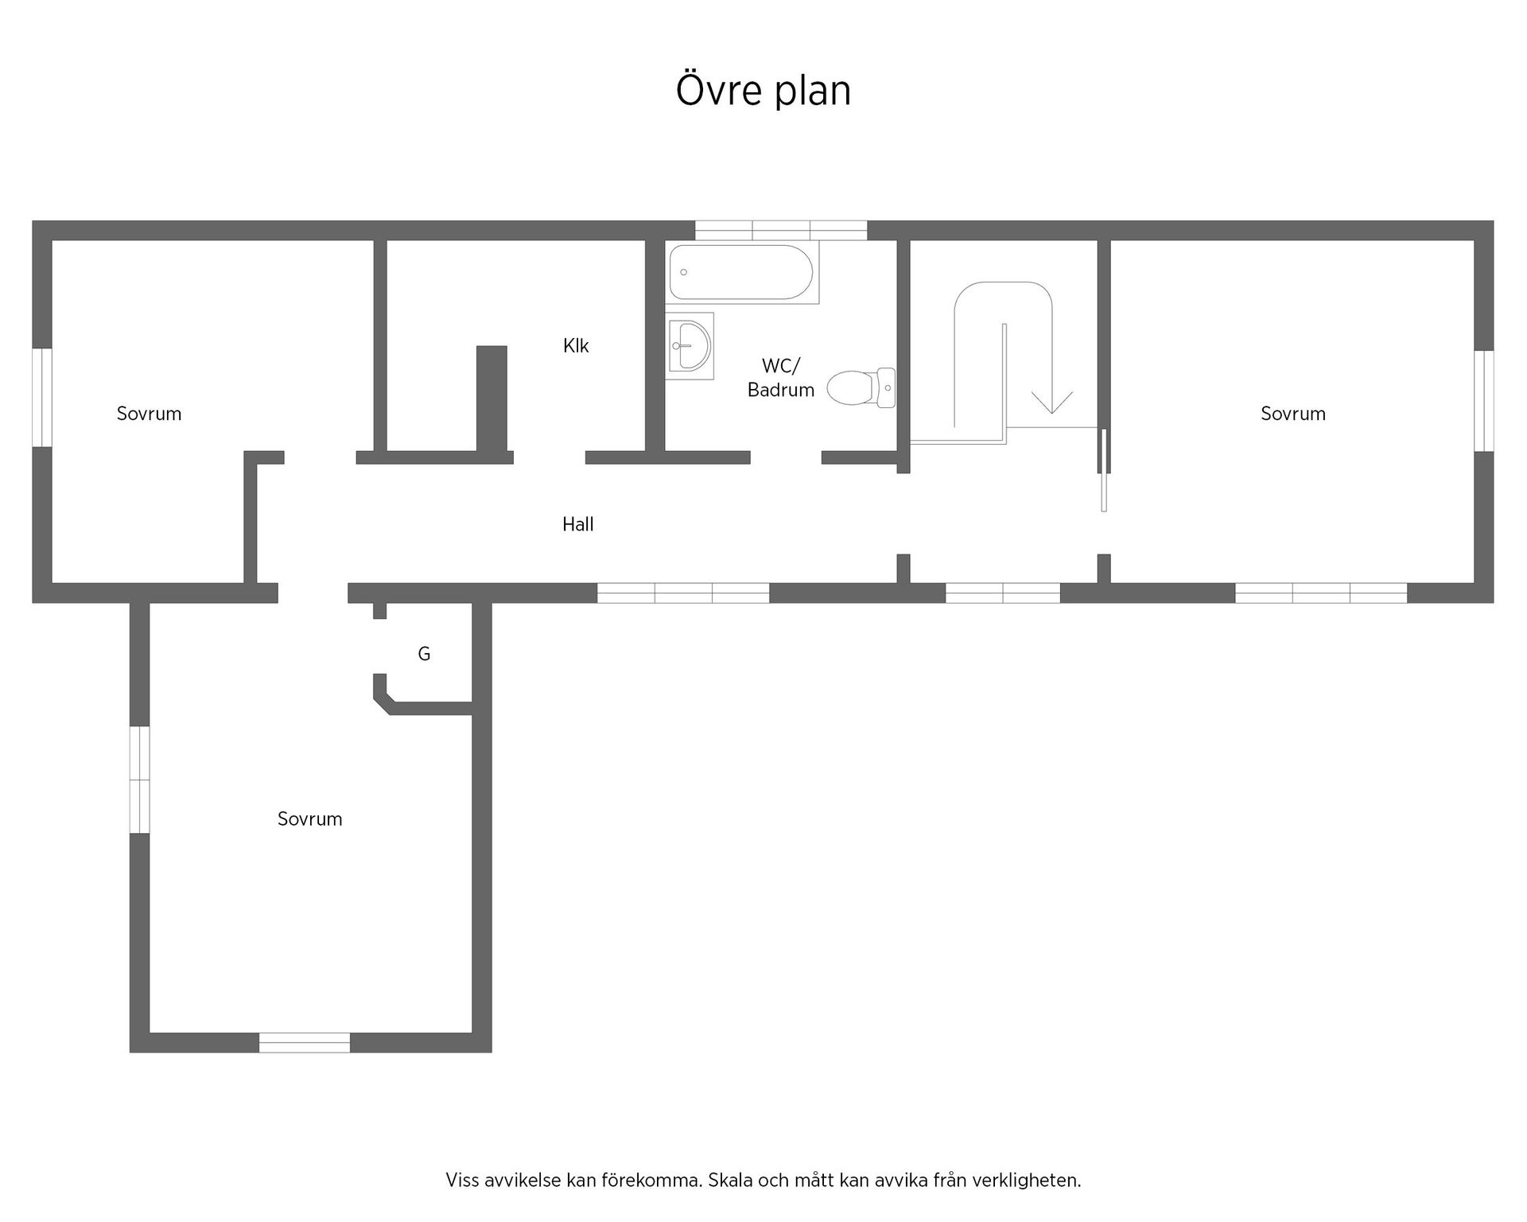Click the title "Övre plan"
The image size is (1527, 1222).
[x=763, y=89]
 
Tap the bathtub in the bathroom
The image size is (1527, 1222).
[x=742, y=273]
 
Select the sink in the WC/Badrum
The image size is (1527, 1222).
[x=690, y=346]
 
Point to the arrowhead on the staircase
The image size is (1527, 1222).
[x=1051, y=403]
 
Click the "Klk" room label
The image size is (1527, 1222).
[x=576, y=345]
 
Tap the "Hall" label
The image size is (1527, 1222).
[x=578, y=524]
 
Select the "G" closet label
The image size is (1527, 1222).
[x=424, y=654]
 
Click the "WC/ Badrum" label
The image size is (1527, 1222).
[x=781, y=378]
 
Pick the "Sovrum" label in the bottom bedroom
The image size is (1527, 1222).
[x=309, y=819]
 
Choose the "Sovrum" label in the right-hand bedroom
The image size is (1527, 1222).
[x=1293, y=414]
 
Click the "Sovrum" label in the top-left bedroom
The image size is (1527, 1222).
[x=149, y=414]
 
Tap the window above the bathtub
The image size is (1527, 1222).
[x=781, y=230]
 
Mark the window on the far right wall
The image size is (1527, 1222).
[x=1484, y=401]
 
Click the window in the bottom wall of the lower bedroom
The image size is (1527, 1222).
[x=305, y=1042]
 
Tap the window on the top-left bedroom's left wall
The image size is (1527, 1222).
[x=42, y=398]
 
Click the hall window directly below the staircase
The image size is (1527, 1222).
[x=1003, y=593]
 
